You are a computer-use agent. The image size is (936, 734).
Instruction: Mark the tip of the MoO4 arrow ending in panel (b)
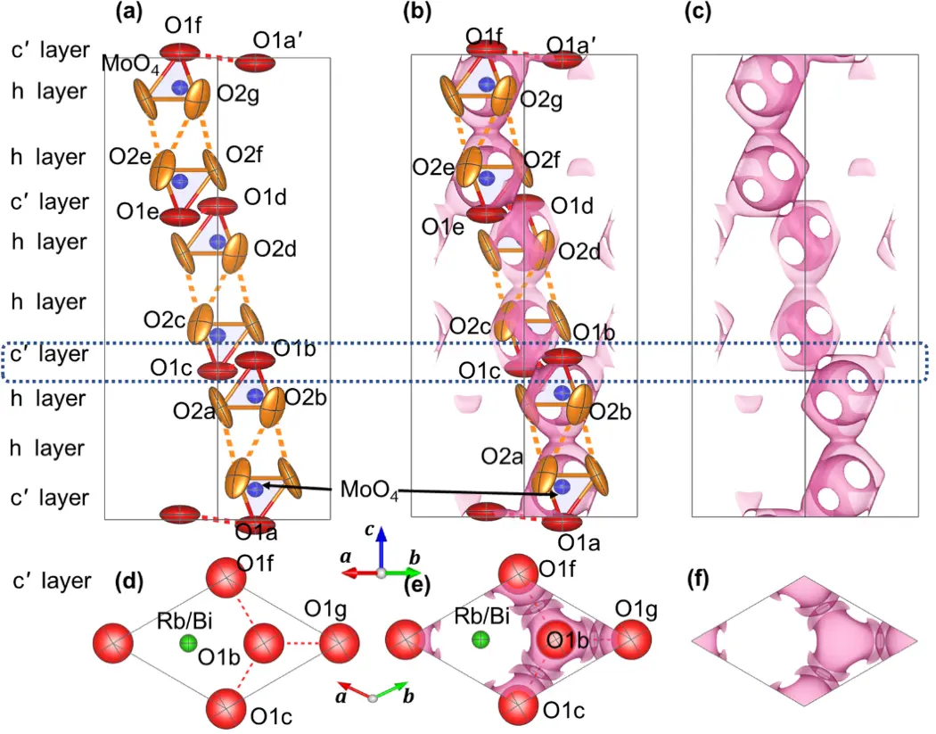click(x=557, y=494)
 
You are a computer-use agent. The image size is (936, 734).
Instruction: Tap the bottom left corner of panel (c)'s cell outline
click(x=693, y=516)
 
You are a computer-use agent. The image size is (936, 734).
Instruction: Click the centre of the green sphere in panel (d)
click(x=189, y=643)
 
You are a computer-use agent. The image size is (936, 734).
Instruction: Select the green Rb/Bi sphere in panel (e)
click(x=480, y=640)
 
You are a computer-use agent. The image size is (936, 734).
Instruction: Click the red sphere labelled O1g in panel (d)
click(x=340, y=643)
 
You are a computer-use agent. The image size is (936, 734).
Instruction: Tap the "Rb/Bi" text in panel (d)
click(x=185, y=621)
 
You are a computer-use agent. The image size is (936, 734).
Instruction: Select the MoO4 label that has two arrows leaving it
click(x=369, y=490)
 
